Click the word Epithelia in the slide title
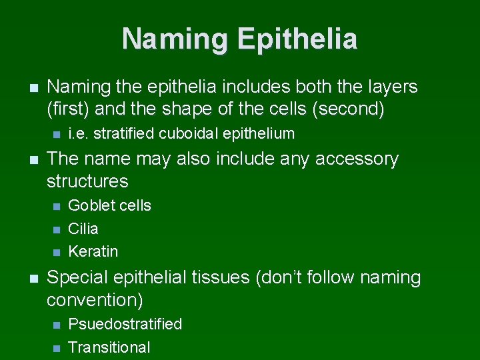pos(297,39)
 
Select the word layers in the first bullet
pos(390,87)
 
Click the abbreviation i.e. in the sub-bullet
pos(79,133)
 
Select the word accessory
pos(356,159)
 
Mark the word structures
pos(87,181)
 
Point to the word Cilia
pos(83,229)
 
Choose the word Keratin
pos(93,251)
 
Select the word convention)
pos(95,300)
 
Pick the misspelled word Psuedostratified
pos(125,324)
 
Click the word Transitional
pos(109,347)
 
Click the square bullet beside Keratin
pos(55,252)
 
